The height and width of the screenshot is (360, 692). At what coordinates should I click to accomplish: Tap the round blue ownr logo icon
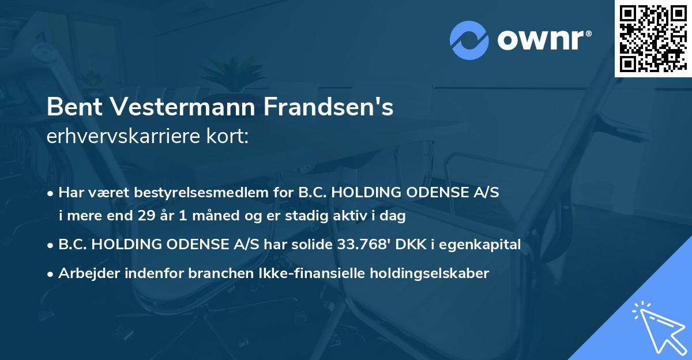(469, 40)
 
